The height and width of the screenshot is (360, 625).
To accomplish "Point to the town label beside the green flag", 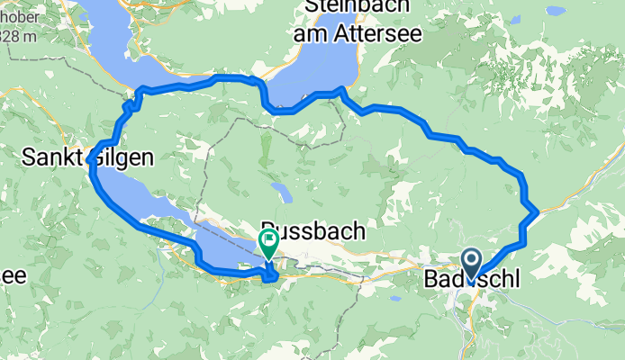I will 313,231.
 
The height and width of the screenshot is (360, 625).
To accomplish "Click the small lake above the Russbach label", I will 283,193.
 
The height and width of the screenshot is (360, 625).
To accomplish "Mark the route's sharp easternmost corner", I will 538,211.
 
